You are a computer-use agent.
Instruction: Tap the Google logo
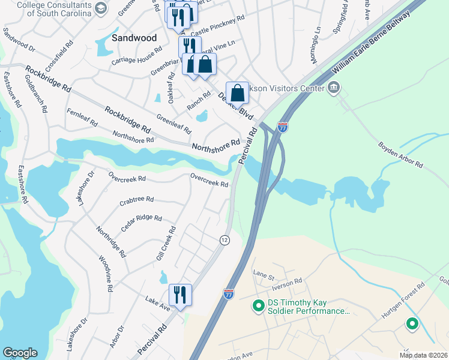click(x=20, y=353)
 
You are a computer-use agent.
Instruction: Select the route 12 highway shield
click(x=224, y=240)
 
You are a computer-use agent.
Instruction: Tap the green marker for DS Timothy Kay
click(x=259, y=306)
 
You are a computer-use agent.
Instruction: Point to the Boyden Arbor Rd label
click(x=400, y=155)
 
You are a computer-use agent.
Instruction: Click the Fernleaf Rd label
click(x=82, y=117)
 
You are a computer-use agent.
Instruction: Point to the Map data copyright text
click(x=424, y=355)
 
